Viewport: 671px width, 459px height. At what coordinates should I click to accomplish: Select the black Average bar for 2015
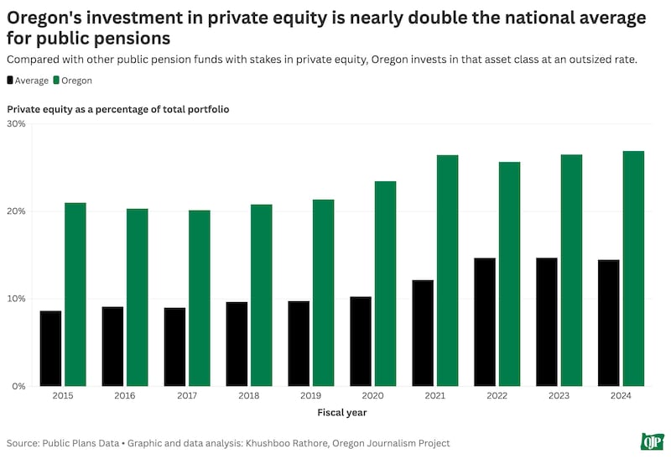pos(50,348)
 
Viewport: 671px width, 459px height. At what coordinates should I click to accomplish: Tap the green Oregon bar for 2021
pos(447,270)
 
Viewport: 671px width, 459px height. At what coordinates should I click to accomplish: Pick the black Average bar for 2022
pos(485,322)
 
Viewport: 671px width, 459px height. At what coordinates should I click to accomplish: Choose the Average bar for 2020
pos(361,342)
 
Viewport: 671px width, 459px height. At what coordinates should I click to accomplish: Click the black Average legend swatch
pos(11,81)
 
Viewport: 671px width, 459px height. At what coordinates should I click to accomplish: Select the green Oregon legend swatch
pos(56,81)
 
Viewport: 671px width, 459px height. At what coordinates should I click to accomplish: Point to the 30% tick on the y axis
pos(16,123)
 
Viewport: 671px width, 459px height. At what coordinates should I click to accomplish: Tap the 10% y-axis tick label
pos(16,299)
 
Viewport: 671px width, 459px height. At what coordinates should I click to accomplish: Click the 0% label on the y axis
pos(18,386)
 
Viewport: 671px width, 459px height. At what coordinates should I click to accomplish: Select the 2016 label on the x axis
pos(125,395)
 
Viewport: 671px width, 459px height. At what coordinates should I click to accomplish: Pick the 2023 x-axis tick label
pos(559,395)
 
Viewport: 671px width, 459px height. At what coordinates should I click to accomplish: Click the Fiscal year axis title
pos(341,412)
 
